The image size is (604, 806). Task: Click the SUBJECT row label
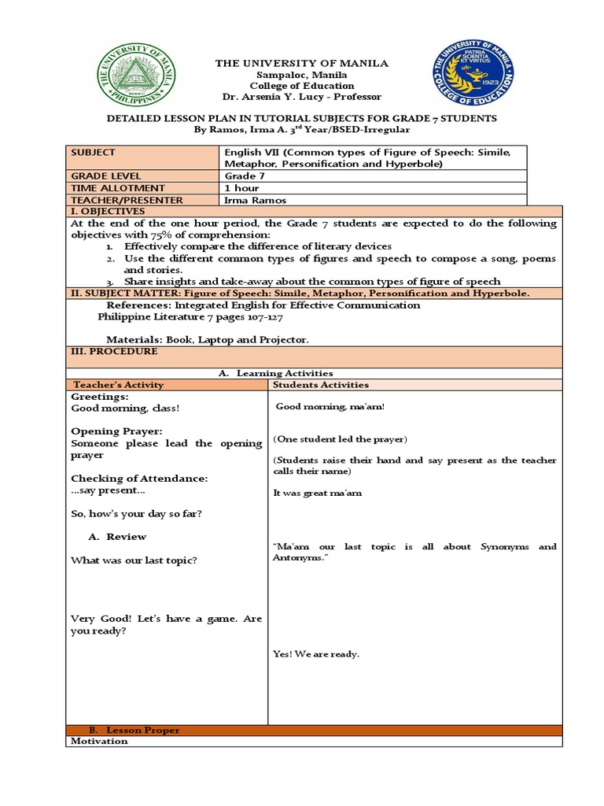click(x=93, y=153)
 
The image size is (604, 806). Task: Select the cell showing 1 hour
click(x=243, y=188)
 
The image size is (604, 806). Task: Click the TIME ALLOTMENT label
click(x=118, y=188)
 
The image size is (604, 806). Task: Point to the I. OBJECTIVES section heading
click(x=108, y=212)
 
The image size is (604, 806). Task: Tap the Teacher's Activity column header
click(x=118, y=385)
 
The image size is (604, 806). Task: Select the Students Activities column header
click(x=321, y=385)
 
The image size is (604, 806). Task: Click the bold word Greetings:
click(x=100, y=397)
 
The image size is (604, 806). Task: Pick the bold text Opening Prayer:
click(x=116, y=431)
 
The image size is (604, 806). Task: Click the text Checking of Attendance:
click(x=139, y=479)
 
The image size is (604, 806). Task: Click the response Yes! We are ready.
click(x=316, y=654)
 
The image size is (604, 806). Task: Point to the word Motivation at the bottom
click(x=99, y=741)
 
